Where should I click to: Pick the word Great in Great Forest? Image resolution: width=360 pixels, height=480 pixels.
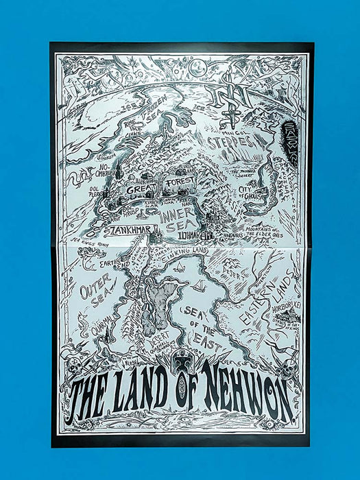click(x=139, y=188)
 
